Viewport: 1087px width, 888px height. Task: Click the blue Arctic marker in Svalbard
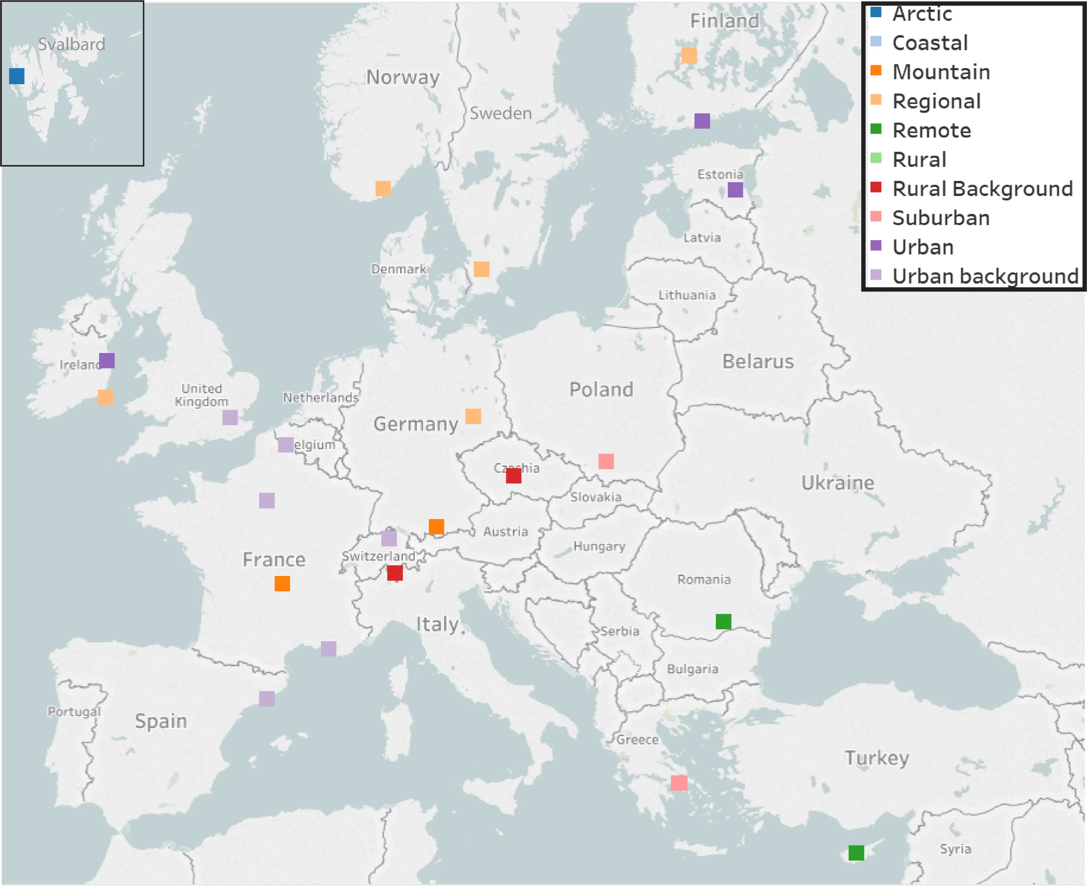[17, 76]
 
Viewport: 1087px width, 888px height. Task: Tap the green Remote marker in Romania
[723, 622]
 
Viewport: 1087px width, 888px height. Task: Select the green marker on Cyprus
[856, 853]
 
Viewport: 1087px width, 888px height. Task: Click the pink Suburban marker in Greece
[679, 783]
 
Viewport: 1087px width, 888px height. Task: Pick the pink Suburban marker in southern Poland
[606, 461]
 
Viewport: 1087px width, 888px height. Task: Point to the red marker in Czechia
[513, 476]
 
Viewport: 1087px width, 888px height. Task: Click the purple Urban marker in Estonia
[735, 190]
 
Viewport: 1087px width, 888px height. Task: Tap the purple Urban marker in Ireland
[107, 361]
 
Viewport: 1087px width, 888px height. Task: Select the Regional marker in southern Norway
[383, 188]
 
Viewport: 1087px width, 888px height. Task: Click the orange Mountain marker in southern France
[282, 584]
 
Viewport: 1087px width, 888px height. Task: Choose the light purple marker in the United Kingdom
[230, 418]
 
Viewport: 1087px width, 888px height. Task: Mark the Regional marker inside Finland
[689, 55]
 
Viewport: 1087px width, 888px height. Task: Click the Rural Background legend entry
[982, 189]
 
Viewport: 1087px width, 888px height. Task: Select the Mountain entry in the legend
[941, 72]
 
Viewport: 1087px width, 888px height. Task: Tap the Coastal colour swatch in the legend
[876, 41]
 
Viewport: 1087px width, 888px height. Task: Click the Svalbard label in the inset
[72, 44]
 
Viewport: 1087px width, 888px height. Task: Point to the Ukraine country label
[837, 482]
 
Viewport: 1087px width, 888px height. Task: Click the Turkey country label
[877, 758]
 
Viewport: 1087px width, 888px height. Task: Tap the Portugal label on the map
[74, 712]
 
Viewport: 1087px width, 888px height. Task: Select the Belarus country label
[758, 362]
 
